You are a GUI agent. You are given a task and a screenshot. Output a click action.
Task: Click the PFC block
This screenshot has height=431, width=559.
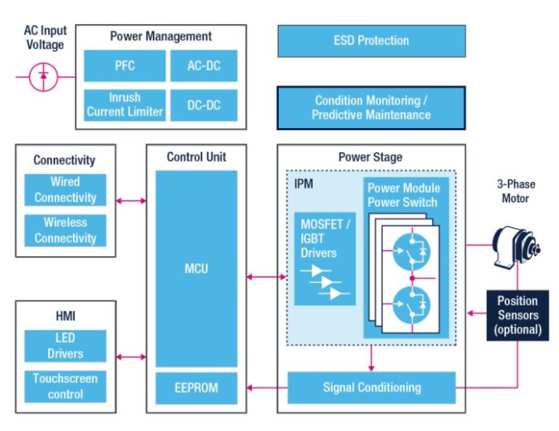click(x=124, y=66)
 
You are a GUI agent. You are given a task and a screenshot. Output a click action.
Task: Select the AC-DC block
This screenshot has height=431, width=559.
click(x=205, y=66)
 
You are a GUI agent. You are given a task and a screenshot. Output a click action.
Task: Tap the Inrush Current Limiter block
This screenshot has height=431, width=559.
click(x=124, y=105)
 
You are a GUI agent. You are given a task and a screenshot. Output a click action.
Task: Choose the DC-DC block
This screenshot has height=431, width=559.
click(x=205, y=105)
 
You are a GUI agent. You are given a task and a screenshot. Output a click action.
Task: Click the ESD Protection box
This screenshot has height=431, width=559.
click(x=371, y=41)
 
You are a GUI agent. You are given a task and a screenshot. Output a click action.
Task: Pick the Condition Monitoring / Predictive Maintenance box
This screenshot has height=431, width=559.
click(x=371, y=108)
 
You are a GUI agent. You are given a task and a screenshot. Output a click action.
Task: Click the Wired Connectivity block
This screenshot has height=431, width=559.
click(x=65, y=189)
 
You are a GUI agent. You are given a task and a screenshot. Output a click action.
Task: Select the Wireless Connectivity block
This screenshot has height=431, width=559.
click(x=65, y=230)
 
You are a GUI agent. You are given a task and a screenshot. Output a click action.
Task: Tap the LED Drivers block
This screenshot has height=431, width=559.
click(x=65, y=346)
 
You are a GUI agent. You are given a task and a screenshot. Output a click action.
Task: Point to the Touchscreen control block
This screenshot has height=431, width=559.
click(x=65, y=386)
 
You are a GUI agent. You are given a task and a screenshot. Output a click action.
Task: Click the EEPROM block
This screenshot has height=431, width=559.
click(x=196, y=387)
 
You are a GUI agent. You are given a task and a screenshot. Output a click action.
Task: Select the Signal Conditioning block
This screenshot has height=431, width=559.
click(x=371, y=387)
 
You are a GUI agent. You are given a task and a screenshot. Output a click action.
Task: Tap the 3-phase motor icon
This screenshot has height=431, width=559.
click(x=516, y=245)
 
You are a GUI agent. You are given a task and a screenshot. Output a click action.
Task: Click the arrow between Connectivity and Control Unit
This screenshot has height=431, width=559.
click(x=131, y=200)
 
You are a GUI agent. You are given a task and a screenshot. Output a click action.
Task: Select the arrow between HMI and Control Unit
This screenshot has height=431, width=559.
click(x=131, y=357)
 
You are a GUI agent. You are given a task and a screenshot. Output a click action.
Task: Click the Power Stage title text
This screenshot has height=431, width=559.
click(x=370, y=157)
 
